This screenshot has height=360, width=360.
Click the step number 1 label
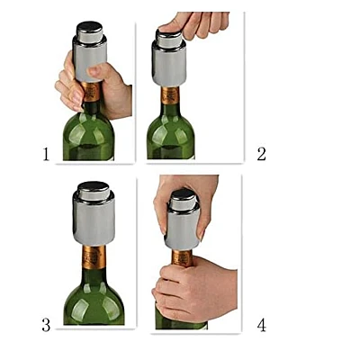pos(46,154)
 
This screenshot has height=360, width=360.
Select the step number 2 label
pos(261,154)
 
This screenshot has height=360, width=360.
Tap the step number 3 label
pos(46,325)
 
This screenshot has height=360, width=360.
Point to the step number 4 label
pos(262,325)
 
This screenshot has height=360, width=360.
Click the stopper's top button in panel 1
pos(90,31)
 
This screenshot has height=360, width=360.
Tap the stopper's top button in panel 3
pos(94,191)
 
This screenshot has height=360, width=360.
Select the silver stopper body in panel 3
pos(94,221)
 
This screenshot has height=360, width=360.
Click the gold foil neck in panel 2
pos(170,95)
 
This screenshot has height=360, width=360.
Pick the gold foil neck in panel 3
pos(94,257)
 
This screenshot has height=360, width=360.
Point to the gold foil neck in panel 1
pos(91,92)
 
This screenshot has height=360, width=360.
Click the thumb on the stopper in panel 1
pos(96,71)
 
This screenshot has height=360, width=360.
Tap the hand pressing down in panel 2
pos(195,24)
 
